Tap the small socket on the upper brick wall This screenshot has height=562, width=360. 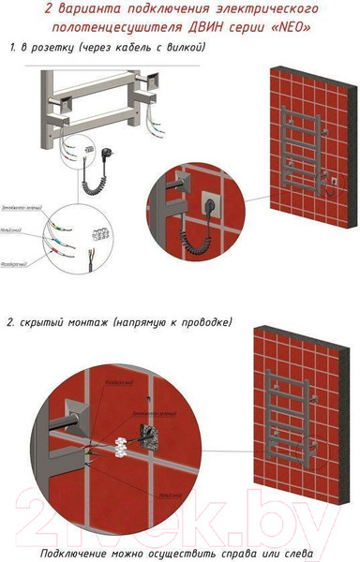tap(332, 176)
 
